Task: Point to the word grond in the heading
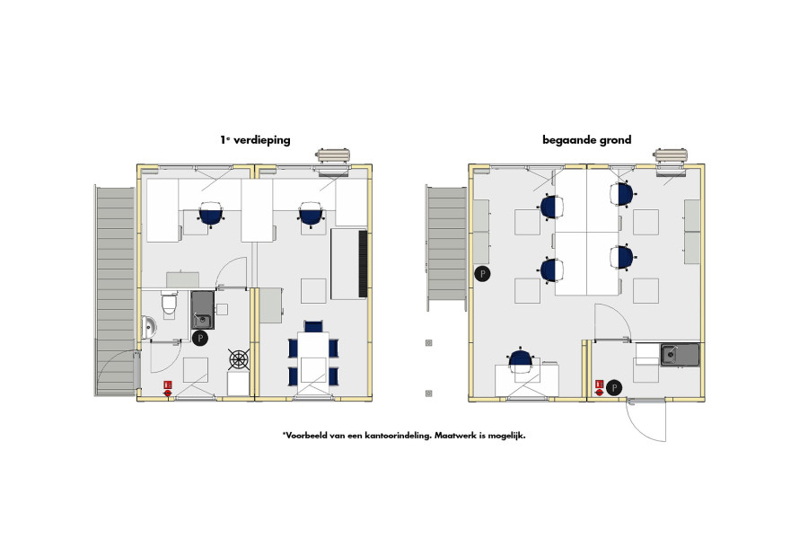[x=615, y=140]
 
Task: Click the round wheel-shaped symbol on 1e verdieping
[x=239, y=359]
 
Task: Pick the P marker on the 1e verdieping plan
[x=199, y=338]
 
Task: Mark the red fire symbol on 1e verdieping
[x=167, y=389]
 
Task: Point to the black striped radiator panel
[x=363, y=263]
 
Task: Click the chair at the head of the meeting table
[x=313, y=326]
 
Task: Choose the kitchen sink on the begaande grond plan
[x=680, y=354]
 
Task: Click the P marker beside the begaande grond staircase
[x=482, y=274]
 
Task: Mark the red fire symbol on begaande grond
[x=599, y=388]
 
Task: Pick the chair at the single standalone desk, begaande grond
[x=520, y=361]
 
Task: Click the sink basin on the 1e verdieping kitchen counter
[x=202, y=310]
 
